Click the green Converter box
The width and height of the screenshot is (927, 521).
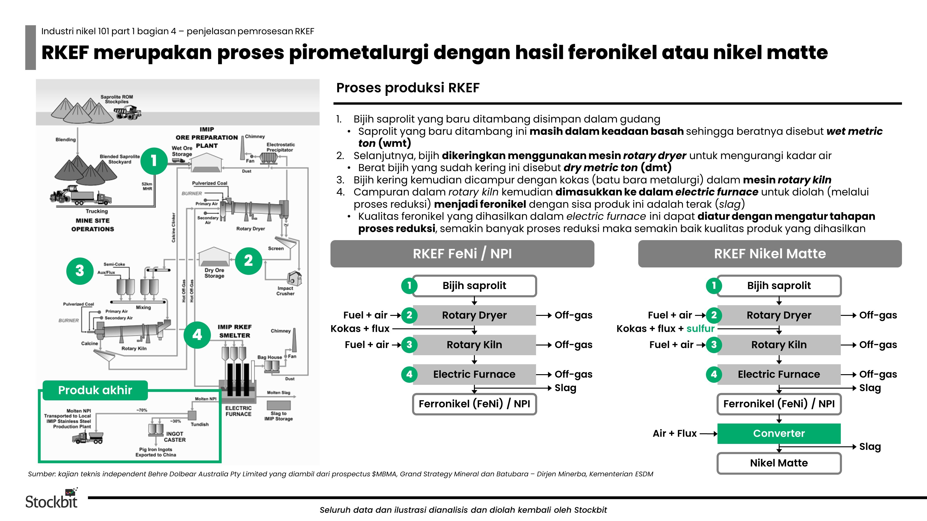(x=779, y=433)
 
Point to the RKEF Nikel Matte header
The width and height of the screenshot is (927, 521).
(x=770, y=254)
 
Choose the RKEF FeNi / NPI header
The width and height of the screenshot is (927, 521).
(x=462, y=254)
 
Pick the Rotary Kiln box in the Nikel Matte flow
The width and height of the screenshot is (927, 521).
(x=779, y=345)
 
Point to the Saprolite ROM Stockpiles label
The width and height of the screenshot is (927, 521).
(x=117, y=99)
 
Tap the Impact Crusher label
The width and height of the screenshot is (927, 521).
(x=285, y=291)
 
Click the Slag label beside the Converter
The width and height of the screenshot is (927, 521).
(x=870, y=447)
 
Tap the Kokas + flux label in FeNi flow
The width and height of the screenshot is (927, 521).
(x=360, y=329)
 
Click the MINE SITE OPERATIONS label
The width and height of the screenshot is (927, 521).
(x=92, y=225)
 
